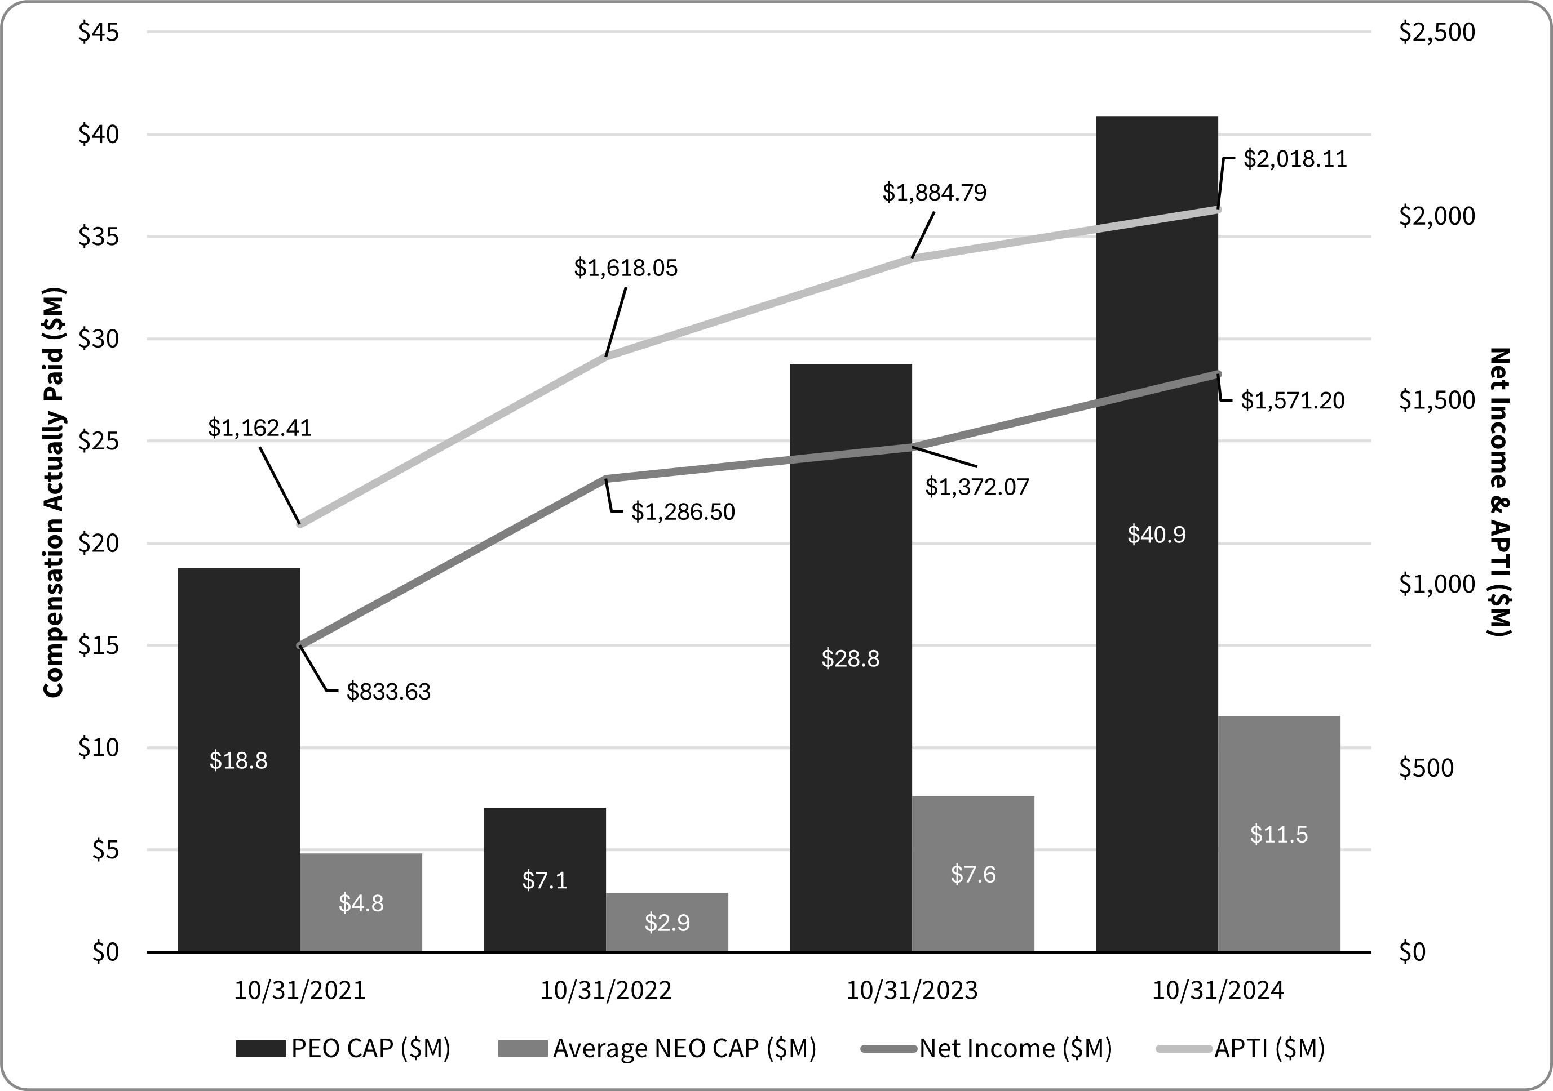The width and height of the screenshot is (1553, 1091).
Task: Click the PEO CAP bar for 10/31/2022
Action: coord(545,879)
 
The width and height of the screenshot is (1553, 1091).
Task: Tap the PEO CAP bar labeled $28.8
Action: coord(850,657)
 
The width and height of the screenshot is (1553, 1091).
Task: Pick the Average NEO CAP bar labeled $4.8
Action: coord(361,902)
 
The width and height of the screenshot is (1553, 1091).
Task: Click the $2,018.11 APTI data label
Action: coord(1295,159)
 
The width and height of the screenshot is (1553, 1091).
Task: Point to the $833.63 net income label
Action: coord(388,692)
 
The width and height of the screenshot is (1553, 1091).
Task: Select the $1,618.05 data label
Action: coord(626,268)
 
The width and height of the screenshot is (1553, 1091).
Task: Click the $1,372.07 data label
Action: coord(977,487)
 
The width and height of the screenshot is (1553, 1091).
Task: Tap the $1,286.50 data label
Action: coord(683,511)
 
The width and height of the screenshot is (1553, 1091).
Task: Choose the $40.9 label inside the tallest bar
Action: coord(1157,535)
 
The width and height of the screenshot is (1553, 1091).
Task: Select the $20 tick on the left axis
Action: coord(99,544)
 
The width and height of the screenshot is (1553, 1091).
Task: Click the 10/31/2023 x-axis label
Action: coord(912,991)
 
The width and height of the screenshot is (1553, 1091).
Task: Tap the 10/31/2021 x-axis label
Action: coord(300,991)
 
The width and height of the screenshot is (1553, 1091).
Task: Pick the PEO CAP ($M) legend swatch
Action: coord(260,1048)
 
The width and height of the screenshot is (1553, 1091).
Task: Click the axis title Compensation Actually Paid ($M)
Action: coord(54,492)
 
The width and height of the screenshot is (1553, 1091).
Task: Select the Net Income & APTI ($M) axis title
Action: coord(1499,492)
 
